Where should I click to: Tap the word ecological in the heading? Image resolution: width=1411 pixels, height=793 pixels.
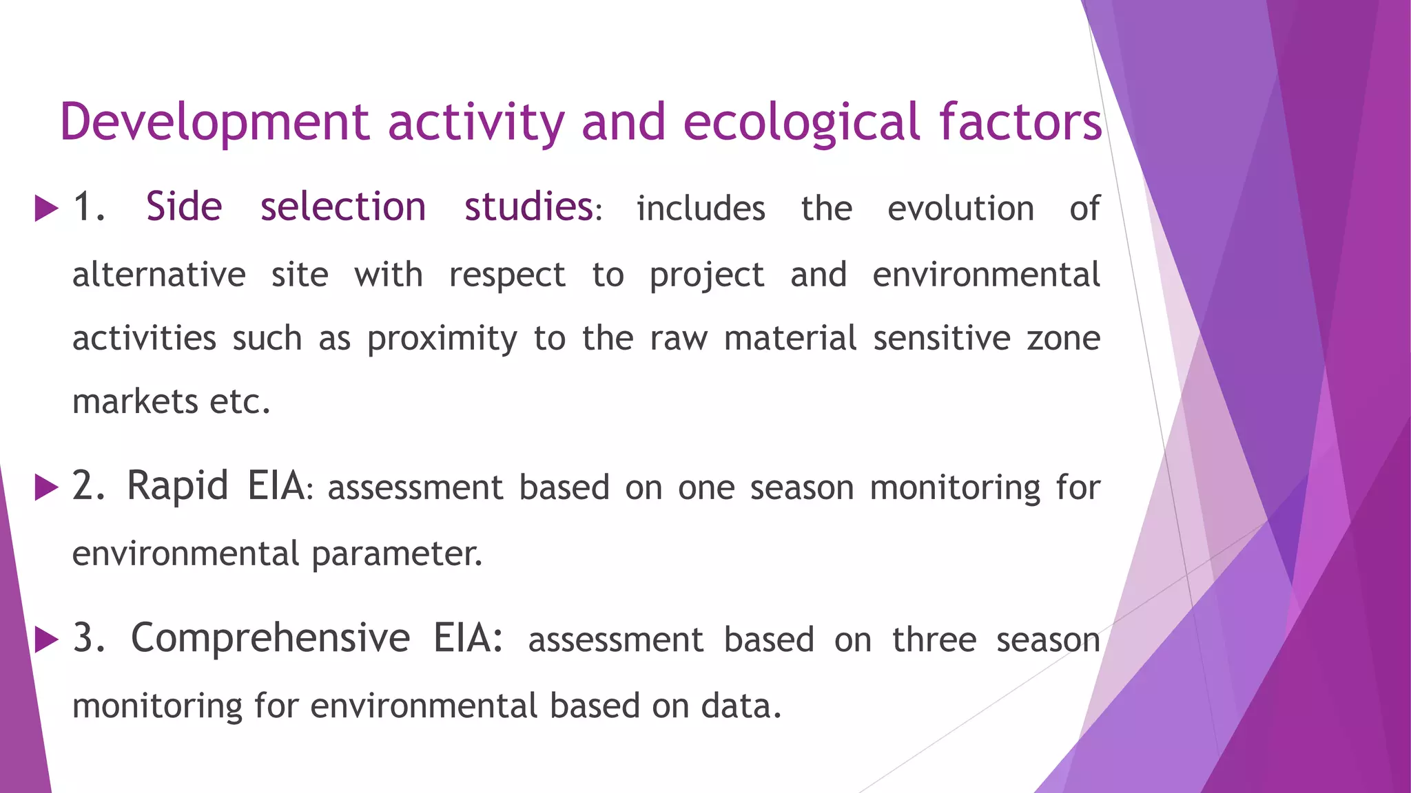coord(801,123)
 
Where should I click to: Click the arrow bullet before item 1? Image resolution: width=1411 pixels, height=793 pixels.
coord(46,208)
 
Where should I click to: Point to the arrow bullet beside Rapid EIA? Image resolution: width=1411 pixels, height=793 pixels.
coord(46,487)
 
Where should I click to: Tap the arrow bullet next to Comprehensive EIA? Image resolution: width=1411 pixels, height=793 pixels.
coord(46,639)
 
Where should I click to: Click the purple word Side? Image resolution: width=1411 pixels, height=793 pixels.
coord(184,207)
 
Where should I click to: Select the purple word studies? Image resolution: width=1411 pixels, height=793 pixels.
coord(528,207)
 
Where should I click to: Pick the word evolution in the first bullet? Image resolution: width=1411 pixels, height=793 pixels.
coord(960,209)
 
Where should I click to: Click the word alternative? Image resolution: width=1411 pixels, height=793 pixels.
coord(159,275)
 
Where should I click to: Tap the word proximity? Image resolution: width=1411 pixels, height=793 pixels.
coord(442,339)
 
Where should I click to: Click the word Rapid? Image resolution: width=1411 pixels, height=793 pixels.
coord(177,486)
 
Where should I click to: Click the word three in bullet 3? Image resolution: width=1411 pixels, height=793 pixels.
coord(934,640)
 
